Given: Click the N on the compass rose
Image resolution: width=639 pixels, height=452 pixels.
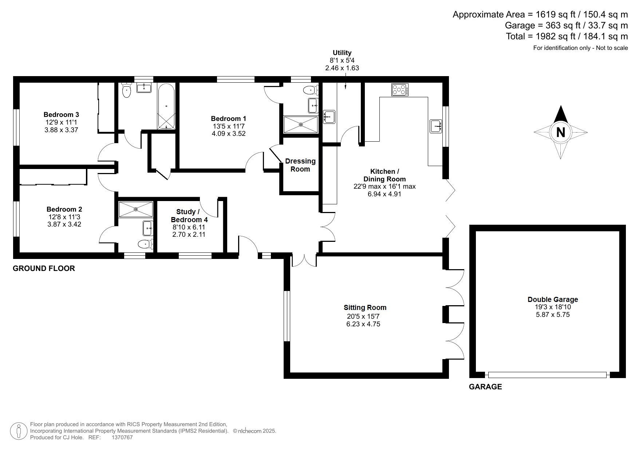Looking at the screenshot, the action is tap(560, 132).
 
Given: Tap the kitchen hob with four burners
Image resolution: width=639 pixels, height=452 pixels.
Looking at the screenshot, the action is tap(400, 90).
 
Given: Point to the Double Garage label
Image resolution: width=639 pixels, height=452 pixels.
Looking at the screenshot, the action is tap(553, 299).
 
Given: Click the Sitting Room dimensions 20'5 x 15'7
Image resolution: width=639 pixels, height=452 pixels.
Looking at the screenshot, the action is tap(363, 317).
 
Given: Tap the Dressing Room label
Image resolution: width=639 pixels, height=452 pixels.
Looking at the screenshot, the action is tap(300, 165).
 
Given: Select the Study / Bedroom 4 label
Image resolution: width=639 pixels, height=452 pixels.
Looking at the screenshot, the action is tap(189, 216).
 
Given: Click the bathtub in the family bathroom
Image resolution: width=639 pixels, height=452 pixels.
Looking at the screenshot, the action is tap(166, 106).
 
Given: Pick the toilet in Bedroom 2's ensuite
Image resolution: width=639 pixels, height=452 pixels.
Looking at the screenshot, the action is tap(145, 244).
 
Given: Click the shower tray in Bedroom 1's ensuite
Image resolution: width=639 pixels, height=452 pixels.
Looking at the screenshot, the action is tap(301, 125).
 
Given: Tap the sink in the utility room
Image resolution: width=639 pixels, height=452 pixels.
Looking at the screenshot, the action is tap(329, 117).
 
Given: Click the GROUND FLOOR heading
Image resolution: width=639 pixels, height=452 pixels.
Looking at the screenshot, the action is tap(44, 268).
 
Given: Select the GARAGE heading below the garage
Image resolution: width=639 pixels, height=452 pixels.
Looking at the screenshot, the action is tap(485, 387).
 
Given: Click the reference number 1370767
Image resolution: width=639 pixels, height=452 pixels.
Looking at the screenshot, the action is tap(122, 437).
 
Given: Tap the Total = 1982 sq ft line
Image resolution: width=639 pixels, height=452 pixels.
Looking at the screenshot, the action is tap(567, 36).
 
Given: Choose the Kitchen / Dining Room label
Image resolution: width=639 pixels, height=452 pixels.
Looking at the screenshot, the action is tap(384, 175).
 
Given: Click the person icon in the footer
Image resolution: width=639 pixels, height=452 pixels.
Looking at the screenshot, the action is tap(18, 431).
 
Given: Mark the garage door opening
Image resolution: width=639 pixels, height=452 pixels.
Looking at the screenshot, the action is tap(548, 375).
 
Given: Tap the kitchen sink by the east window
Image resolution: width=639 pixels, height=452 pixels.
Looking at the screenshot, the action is tap(436, 126).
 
